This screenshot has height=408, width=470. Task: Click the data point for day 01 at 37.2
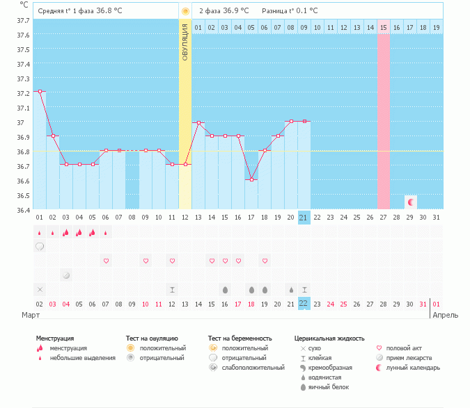click(x=40, y=91)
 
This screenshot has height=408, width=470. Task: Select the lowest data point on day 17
click(x=251, y=179)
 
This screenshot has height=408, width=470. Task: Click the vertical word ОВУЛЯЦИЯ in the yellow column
click(x=185, y=42)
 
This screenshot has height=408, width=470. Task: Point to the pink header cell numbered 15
click(x=384, y=28)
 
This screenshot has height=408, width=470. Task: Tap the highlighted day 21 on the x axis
click(x=304, y=218)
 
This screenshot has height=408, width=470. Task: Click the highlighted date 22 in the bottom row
click(x=304, y=304)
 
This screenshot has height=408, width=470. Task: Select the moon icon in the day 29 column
click(x=411, y=202)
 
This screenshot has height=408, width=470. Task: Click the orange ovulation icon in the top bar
click(x=185, y=11)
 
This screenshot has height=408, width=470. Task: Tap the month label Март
click(x=30, y=315)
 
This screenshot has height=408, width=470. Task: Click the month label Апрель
click(x=446, y=315)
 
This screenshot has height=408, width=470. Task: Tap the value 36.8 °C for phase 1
click(x=109, y=11)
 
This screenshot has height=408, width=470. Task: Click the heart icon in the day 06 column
click(x=106, y=261)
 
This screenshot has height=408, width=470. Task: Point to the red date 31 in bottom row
click(x=423, y=304)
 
